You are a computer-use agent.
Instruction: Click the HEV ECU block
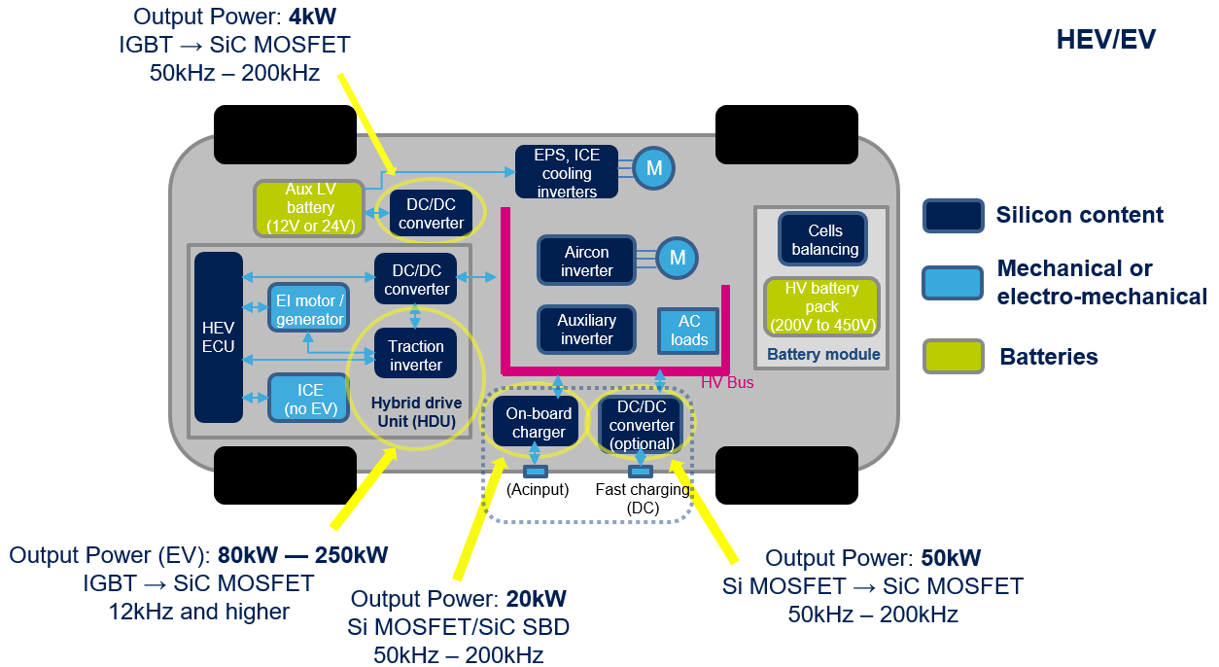(218, 337)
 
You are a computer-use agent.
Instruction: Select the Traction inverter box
(415, 353)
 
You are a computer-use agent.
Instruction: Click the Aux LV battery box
(309, 208)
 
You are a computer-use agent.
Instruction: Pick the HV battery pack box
(821, 306)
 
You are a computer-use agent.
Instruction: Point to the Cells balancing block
(822, 239)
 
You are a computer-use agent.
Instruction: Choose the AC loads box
(688, 331)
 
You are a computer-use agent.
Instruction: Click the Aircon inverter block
(586, 261)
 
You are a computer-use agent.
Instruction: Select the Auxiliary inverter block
(586, 330)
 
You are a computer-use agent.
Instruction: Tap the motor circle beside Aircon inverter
(677, 258)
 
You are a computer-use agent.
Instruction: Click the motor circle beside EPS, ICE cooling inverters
(653, 168)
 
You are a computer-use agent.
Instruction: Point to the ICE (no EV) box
(308, 398)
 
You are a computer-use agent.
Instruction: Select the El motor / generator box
(308, 307)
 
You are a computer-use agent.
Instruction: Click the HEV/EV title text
(1106, 40)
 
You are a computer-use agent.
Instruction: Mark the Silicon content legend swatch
(954, 216)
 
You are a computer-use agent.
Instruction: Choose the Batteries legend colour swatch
(954, 356)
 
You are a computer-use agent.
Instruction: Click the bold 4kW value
(312, 17)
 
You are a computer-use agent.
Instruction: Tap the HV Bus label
(727, 382)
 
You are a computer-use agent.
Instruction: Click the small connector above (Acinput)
(536, 472)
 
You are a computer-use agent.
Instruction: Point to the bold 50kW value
(951, 557)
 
